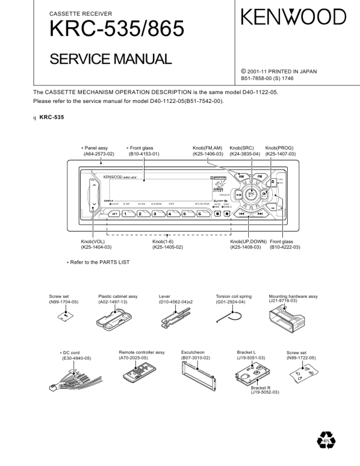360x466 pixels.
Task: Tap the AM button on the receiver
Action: [241, 176]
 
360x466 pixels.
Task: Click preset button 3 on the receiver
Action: [156, 214]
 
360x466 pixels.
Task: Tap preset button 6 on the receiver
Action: [201, 214]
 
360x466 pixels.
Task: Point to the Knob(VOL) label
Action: [93, 242]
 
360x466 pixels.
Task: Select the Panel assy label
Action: [96, 148]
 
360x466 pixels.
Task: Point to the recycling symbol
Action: [326, 440]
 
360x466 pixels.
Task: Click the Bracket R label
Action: [261, 388]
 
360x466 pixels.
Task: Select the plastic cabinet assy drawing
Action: [117, 318]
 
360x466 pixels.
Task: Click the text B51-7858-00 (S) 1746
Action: [275, 78]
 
